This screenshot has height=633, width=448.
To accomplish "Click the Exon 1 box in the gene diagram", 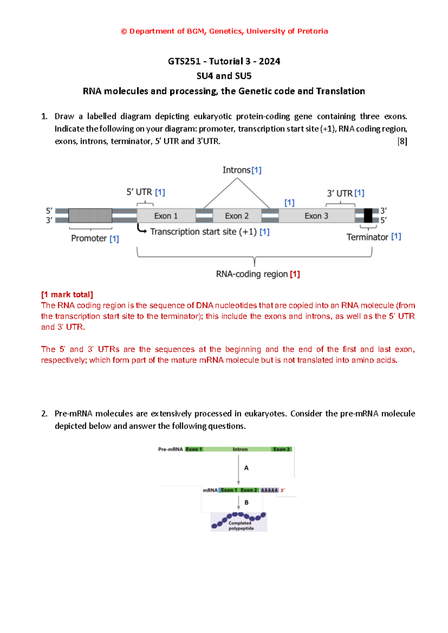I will (166, 216).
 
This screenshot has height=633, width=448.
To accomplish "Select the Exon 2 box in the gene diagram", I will (237, 216).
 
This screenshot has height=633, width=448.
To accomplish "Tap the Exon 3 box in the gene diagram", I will (316, 216).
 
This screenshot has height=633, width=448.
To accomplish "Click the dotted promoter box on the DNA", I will (90, 216).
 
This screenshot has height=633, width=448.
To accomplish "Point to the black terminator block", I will (368, 216).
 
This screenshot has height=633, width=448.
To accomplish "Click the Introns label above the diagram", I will (237, 170).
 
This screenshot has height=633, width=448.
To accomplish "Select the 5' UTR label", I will (139, 192).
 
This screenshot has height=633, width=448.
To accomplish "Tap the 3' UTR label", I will (340, 193).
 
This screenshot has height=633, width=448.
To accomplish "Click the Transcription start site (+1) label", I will (203, 232).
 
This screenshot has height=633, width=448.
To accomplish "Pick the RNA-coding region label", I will (252, 274).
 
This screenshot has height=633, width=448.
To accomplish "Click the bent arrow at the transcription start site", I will (141, 229).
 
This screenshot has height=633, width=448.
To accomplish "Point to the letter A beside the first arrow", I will (246, 468).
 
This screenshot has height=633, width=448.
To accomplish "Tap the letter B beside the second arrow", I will (246, 502).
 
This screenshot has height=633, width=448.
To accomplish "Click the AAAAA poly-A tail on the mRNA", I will (269, 490).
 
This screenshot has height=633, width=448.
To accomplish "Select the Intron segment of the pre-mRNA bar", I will (240, 449).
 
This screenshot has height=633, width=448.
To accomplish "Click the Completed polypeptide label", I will (241, 526).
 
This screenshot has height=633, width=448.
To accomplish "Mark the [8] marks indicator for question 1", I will (402, 141).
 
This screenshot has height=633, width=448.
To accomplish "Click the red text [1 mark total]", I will (67, 294).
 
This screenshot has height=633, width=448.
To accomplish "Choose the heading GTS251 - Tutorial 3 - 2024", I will (224, 61).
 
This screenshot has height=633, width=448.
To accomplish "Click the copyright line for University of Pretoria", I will (224, 31).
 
